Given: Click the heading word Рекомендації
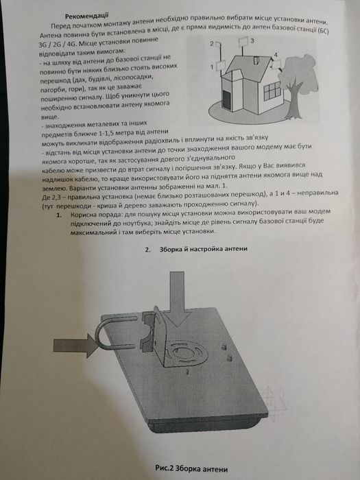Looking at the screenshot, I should tap(85, 14).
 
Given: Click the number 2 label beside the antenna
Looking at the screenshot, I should tap(212, 43).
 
